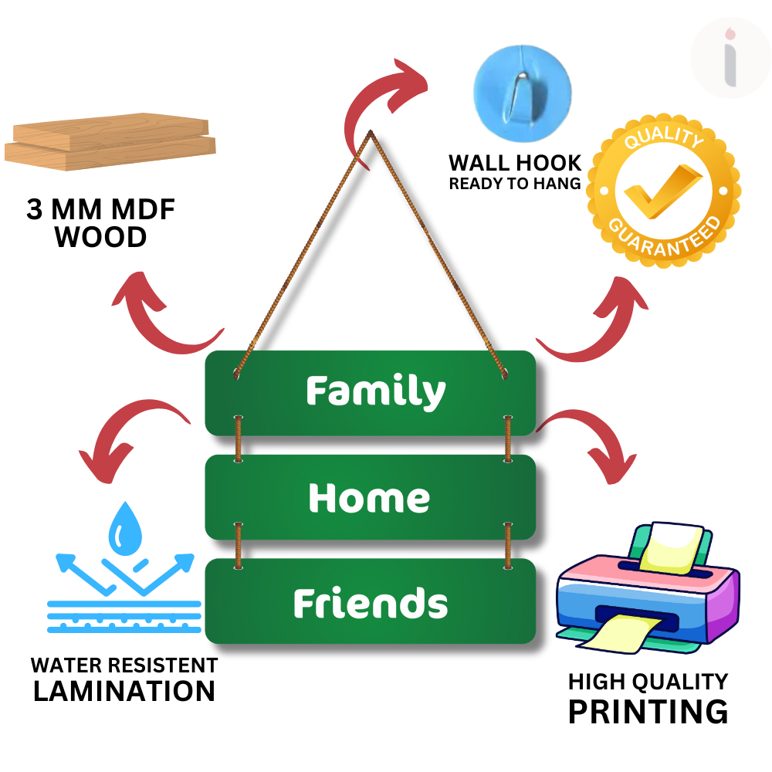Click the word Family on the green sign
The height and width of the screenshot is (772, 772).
(375, 391)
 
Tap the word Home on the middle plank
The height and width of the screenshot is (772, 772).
(369, 498)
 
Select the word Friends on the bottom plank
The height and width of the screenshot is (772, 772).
(371, 603)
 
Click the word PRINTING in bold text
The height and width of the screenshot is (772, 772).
(648, 711)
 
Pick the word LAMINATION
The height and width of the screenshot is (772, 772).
(124, 691)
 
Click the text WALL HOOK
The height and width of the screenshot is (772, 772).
(515, 163)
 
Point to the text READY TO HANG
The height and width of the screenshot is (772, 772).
(515, 184)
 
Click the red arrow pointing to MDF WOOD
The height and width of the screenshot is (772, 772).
(158, 313)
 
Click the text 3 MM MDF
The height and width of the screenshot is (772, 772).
(101, 210)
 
